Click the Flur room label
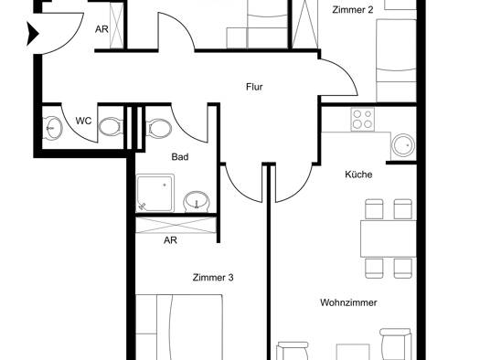254,87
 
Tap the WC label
83,121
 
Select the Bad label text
180,157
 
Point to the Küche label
358,175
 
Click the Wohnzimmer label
348,302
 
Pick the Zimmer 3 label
213,278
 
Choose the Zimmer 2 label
353,10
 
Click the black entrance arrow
33,34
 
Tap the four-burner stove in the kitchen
363,120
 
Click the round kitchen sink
404,145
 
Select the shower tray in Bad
155,193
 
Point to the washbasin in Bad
197,202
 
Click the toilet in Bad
159,128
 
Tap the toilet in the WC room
110,127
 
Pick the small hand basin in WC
53,129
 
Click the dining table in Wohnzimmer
389,238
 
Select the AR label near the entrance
101,29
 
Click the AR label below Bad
170,240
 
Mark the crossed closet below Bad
176,225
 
